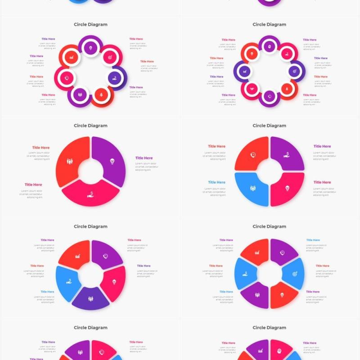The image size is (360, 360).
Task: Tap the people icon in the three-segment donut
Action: click(70, 161)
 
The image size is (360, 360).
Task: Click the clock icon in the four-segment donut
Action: click(253, 155)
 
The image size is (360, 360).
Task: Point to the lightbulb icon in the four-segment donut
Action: click(287, 188)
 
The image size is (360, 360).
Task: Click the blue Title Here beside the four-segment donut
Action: click(216, 182)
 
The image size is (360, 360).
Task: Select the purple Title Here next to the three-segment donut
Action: click(144, 158)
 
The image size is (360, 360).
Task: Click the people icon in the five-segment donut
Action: click(91, 298)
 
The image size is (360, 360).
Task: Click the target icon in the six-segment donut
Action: click(294, 274)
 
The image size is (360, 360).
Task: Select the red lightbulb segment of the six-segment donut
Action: click(282, 295)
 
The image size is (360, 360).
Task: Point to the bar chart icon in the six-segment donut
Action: click(257, 252)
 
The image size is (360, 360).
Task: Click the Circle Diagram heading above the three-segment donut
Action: click(90, 126)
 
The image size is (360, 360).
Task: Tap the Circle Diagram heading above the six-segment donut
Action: click(269, 226)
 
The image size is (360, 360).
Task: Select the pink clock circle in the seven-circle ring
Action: click(67, 77)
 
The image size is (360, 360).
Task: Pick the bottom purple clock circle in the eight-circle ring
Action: click(269, 96)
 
